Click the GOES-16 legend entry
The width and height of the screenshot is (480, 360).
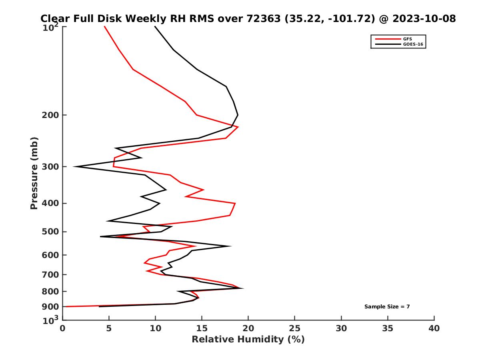tap(413, 44)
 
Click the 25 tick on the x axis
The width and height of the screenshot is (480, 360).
tap(295, 328)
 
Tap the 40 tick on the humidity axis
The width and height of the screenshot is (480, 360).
tap(434, 328)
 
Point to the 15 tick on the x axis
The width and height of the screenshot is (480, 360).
tap(202, 328)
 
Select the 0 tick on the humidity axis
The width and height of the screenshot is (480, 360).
tap(63, 328)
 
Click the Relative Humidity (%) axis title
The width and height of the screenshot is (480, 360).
tap(248, 340)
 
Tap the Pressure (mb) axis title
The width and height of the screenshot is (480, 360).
tap(34, 173)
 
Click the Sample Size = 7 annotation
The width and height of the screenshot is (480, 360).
tap(387, 307)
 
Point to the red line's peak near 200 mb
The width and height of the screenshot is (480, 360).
tap(238, 127)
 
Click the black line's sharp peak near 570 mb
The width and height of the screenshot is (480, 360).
tap(231, 246)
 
